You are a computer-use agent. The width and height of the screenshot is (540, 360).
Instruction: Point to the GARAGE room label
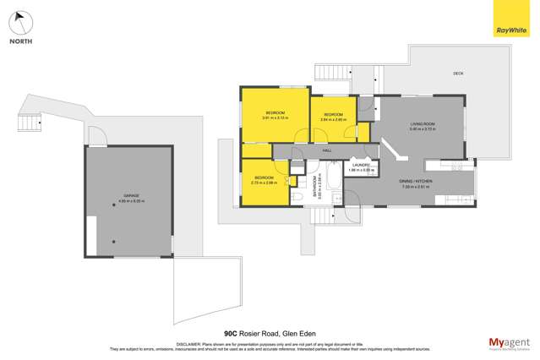(130, 196)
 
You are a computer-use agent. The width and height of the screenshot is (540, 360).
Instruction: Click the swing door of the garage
(98, 138)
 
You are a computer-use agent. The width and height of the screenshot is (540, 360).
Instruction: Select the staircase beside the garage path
(30, 123)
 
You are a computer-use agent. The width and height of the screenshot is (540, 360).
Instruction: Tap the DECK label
(458, 74)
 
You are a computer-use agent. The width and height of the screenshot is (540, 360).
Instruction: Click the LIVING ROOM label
(421, 125)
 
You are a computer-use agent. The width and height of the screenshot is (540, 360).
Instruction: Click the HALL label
(327, 150)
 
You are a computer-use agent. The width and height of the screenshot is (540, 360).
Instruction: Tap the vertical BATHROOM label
(316, 184)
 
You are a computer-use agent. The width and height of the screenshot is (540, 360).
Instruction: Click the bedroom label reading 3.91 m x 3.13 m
(275, 115)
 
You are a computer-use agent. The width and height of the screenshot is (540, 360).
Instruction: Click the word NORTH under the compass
(22, 41)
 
